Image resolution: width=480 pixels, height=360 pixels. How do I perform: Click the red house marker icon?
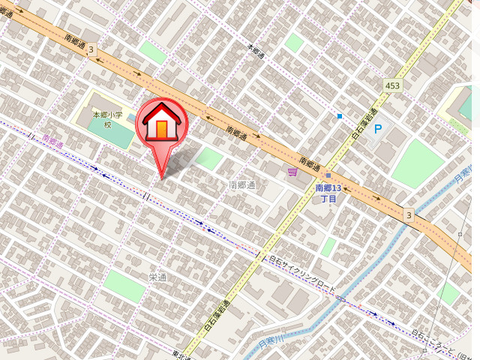(x=160, y=124)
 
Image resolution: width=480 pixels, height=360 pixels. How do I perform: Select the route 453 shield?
(x=391, y=85)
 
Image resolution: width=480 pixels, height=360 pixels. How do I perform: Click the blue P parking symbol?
(x=378, y=129)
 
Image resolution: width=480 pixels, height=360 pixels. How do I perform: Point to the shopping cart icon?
(x=292, y=172)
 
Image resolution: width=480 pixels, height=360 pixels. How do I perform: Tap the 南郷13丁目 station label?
(x=328, y=193)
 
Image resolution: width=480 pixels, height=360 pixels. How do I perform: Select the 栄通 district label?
(x=157, y=277)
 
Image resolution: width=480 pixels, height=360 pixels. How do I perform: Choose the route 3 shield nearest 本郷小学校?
(x=91, y=49)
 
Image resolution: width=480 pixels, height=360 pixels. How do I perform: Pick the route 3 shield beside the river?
(x=409, y=215)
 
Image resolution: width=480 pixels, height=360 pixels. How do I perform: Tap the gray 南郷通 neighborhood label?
(x=242, y=184)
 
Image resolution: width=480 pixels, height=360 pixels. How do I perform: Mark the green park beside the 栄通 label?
(x=124, y=286)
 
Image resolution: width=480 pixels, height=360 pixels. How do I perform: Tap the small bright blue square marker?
(x=340, y=116)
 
